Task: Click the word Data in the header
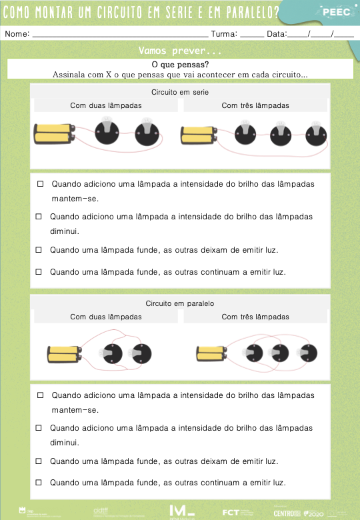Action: pos(276,33)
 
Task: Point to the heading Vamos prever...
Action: pos(180,51)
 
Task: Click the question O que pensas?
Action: pos(180,65)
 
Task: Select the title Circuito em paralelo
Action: pos(180,303)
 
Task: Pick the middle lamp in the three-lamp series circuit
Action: pos(281,133)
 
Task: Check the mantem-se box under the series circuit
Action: pos(41,183)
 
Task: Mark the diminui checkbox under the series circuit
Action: pos(39,217)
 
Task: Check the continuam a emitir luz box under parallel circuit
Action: pos(39,482)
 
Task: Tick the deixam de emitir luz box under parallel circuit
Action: pos(39,461)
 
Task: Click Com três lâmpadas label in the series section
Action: pos(255,105)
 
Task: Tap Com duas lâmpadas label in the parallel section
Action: pos(106,317)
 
